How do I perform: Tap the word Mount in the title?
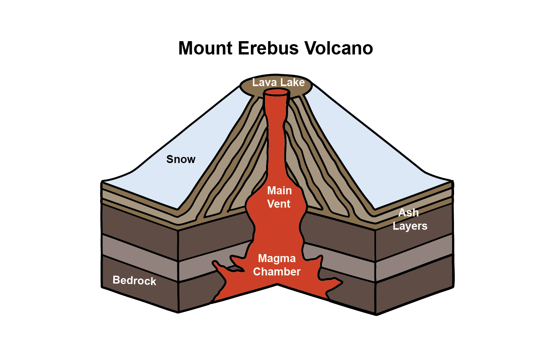click(205, 48)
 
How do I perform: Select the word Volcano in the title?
click(339, 48)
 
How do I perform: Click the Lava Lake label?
click(278, 82)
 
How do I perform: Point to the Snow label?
click(181, 159)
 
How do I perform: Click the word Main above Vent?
click(279, 190)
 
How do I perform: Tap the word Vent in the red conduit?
click(279, 204)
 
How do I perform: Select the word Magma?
click(277, 258)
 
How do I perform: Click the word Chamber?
click(277, 272)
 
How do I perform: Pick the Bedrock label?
click(134, 281)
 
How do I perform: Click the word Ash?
click(408, 213)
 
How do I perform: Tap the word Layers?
click(410, 226)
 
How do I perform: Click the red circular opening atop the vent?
click(276, 92)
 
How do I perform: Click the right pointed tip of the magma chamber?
click(341, 282)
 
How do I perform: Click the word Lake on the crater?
click(292, 82)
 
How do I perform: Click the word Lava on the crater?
click(264, 82)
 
